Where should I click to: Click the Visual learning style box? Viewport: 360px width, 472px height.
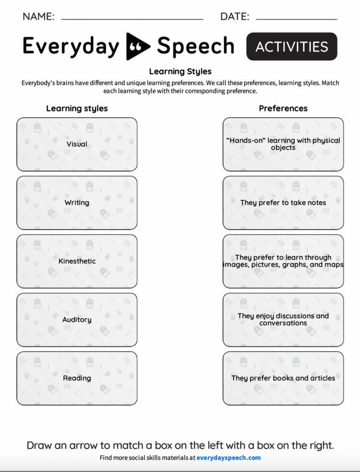tap(77, 144)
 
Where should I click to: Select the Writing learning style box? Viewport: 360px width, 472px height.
tap(77, 203)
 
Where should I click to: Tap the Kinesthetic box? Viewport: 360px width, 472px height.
tap(77, 261)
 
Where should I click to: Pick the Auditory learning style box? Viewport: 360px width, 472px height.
tap(77, 320)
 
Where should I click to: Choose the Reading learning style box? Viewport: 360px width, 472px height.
tap(77, 378)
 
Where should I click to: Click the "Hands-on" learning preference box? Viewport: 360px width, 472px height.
tap(283, 144)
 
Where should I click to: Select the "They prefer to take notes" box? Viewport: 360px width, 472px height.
tap(283, 203)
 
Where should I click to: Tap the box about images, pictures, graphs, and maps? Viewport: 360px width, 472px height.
tap(283, 261)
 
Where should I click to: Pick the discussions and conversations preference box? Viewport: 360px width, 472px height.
tap(283, 320)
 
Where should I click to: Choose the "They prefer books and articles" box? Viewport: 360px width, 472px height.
tap(283, 378)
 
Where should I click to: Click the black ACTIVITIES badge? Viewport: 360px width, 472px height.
tap(292, 46)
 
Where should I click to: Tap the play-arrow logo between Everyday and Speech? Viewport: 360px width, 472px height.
tap(138, 46)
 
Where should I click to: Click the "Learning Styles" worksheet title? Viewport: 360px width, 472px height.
tap(180, 72)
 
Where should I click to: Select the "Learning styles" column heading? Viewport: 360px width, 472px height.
tap(77, 108)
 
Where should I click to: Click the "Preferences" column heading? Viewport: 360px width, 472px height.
tap(283, 108)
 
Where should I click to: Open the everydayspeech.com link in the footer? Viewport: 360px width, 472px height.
tap(228, 458)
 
